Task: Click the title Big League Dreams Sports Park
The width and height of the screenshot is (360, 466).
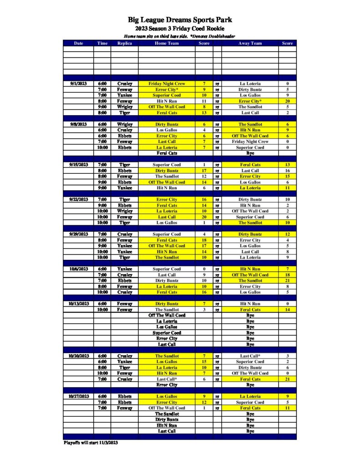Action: (x=179, y=20)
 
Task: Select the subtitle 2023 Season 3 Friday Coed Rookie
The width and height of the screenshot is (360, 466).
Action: (x=179, y=29)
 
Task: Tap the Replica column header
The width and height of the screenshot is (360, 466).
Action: (x=124, y=43)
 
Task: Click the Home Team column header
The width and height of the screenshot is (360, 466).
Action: (x=167, y=43)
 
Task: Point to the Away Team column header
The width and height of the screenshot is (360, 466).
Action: (x=250, y=43)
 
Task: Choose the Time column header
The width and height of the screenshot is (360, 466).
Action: (x=102, y=43)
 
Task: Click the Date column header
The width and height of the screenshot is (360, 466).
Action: (x=78, y=43)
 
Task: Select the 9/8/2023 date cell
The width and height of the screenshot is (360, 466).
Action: (x=78, y=124)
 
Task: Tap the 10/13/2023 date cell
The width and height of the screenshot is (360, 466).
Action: (x=78, y=304)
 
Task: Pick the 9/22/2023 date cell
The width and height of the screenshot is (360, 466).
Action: (x=78, y=199)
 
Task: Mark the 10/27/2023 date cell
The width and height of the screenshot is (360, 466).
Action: (x=78, y=396)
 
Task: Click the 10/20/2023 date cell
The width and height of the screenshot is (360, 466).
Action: (x=78, y=356)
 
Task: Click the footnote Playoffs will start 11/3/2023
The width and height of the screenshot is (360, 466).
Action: (x=90, y=442)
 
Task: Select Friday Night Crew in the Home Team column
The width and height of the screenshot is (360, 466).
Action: (x=167, y=84)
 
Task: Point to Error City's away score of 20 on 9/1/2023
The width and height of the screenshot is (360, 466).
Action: (x=287, y=101)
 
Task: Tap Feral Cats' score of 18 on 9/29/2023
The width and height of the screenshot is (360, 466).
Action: (x=204, y=240)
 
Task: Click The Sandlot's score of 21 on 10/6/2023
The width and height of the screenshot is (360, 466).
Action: (x=287, y=281)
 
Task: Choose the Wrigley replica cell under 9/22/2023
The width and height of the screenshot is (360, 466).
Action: (x=124, y=211)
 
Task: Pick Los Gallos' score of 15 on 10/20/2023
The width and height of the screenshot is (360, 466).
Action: (x=204, y=362)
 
